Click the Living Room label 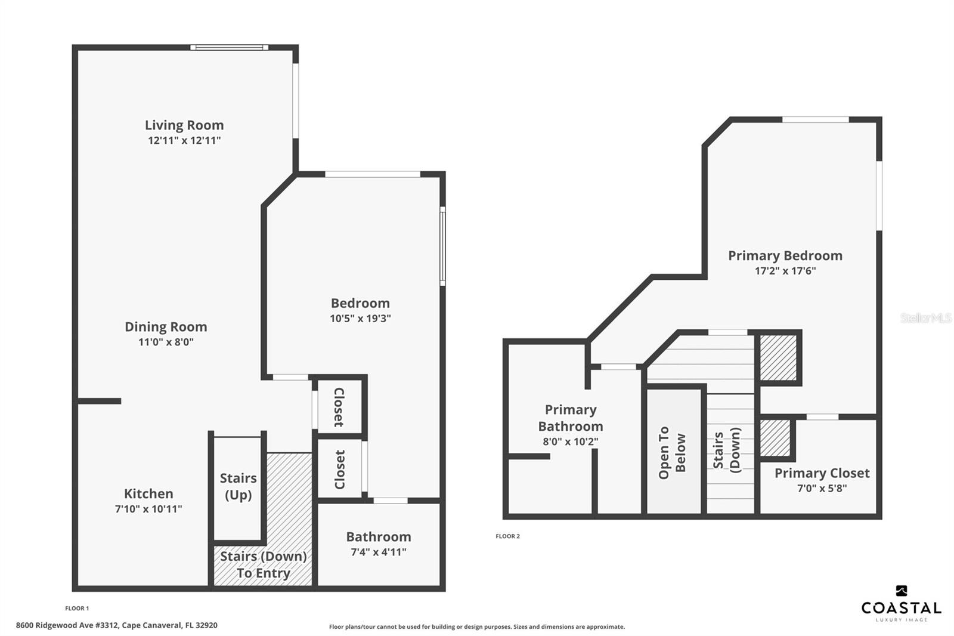pyautogui.click(x=184, y=125)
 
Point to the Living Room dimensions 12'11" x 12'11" pyautogui.click(x=184, y=140)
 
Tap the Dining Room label pyautogui.click(x=166, y=326)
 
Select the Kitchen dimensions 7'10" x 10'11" pyautogui.click(x=148, y=508)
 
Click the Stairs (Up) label pyautogui.click(x=238, y=486)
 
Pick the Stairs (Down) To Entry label pyautogui.click(x=263, y=564)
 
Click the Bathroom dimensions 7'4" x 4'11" pyautogui.click(x=378, y=552)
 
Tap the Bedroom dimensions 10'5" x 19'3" pyautogui.click(x=360, y=319)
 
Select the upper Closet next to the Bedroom pyautogui.click(x=339, y=407)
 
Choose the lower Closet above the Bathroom pyautogui.click(x=339, y=470)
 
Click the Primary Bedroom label pyautogui.click(x=785, y=255)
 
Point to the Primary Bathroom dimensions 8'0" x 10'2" pyautogui.click(x=570, y=442)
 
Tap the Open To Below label pyautogui.click(x=672, y=453)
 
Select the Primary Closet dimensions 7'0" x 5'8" pyautogui.click(x=822, y=488)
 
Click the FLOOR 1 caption pyautogui.click(x=77, y=609)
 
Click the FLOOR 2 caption pyautogui.click(x=507, y=536)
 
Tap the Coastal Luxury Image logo pyautogui.click(x=901, y=604)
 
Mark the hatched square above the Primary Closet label pyautogui.click(x=775, y=438)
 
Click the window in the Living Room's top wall pyautogui.click(x=229, y=47)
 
